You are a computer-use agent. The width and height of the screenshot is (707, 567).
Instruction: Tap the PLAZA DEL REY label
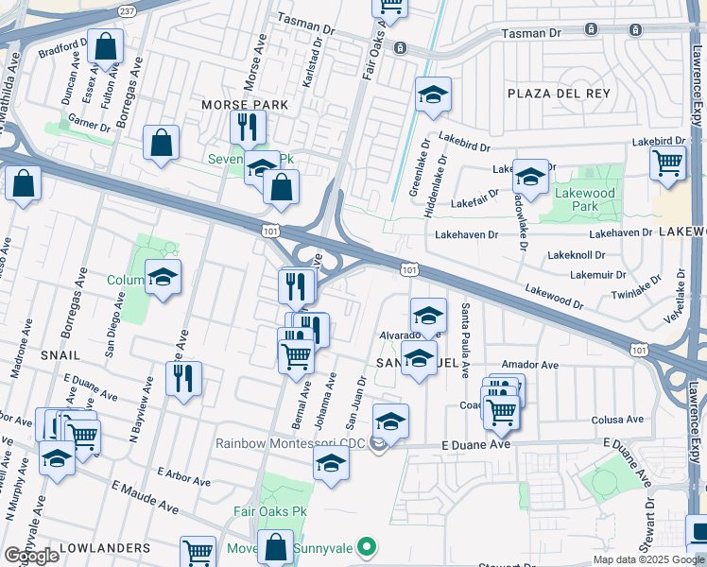coord(559,94)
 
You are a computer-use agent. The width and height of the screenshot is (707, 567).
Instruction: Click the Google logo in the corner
coord(31,556)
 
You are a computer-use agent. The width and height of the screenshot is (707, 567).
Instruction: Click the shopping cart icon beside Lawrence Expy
coord(667,162)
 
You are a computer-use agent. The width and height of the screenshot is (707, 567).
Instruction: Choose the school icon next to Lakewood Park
coord(530,176)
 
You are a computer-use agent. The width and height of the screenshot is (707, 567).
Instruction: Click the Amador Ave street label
coord(530,365)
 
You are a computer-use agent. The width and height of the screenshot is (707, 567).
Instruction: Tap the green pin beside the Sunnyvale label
coord(370,547)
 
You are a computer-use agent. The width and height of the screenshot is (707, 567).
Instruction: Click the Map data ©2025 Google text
coord(647,559)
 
